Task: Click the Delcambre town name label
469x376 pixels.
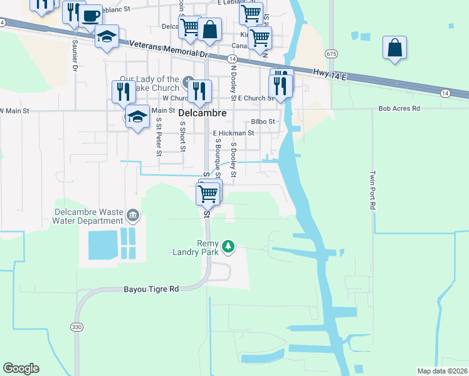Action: [200, 113]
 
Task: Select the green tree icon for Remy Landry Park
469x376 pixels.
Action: [229, 245]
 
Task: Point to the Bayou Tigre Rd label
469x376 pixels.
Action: [151, 289]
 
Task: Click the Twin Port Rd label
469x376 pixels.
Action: [372, 190]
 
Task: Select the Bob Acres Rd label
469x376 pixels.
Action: [399, 108]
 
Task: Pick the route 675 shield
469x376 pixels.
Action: [331, 55]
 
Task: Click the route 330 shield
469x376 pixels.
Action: [76, 326]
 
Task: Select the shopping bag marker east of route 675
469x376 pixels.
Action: [394, 48]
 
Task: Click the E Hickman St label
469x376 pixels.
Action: [233, 133]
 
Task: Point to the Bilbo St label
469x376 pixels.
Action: [263, 121]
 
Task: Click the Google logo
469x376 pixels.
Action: [21, 368]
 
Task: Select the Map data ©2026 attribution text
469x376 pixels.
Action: [442, 371]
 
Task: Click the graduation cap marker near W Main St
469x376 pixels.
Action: [137, 116]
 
